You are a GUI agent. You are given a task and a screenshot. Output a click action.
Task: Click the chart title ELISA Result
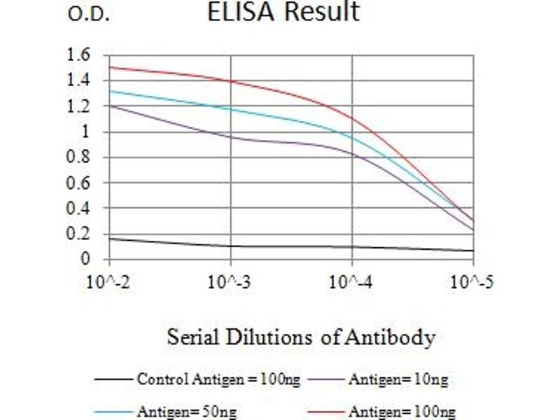tap(283, 13)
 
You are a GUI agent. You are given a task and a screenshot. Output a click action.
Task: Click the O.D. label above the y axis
tap(88, 15)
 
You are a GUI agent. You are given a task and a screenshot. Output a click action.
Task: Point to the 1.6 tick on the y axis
tap(79, 55)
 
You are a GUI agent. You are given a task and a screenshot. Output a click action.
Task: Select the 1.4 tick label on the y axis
tap(79, 80)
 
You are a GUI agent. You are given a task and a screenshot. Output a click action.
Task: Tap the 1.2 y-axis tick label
tap(79, 106)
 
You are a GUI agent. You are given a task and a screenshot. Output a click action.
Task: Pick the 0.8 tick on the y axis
tap(79, 157)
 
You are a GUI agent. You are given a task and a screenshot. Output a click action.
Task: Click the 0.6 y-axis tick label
tap(79, 183)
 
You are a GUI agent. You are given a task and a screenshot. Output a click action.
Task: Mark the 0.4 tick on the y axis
tap(79, 209)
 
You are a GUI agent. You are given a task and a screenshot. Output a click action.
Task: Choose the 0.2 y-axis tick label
tap(79, 234)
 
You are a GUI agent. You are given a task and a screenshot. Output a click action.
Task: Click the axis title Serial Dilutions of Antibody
tap(301, 338)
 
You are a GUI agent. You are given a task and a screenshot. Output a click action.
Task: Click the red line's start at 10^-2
tap(110, 67)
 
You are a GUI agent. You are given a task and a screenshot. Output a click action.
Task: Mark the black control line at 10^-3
tap(231, 246)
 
